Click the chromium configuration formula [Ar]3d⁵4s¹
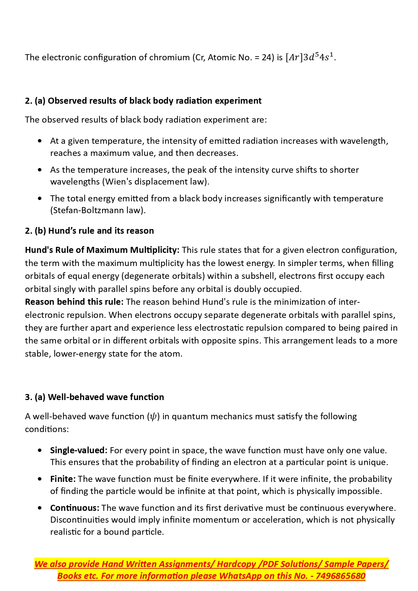pyautogui.click(x=310, y=57)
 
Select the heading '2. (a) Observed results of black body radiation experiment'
pyautogui.click(x=143, y=101)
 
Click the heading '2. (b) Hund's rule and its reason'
pyautogui.click(x=89, y=231)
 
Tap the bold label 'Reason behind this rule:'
pyautogui.click(x=74, y=302)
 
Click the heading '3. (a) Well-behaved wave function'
pyautogui.click(x=94, y=397)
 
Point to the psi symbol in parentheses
pyautogui.click(x=153, y=417)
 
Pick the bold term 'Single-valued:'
pyautogui.click(x=78, y=450)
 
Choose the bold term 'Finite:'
pyautogui.click(x=63, y=479)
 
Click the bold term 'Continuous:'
pyautogui.click(x=74, y=508)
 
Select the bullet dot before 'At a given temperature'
pyautogui.click(x=40, y=141)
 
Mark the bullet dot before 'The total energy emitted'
pyautogui.click(x=40, y=198)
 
